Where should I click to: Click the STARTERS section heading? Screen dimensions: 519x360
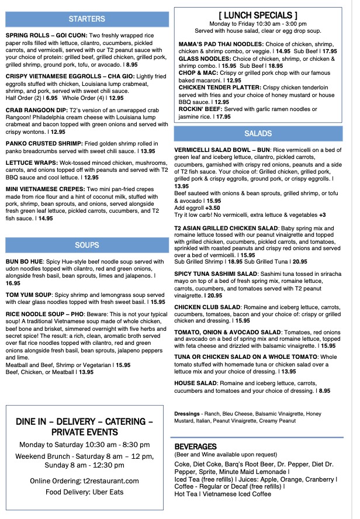(86, 19)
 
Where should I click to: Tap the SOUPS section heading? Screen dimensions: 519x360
(86, 245)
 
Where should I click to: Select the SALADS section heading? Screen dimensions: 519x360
(258, 134)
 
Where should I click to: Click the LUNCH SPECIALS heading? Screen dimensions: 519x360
(258, 15)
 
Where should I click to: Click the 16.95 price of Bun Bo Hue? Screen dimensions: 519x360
(13, 282)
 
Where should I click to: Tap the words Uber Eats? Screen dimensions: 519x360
(111, 492)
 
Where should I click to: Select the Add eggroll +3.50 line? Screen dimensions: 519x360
(197, 207)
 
